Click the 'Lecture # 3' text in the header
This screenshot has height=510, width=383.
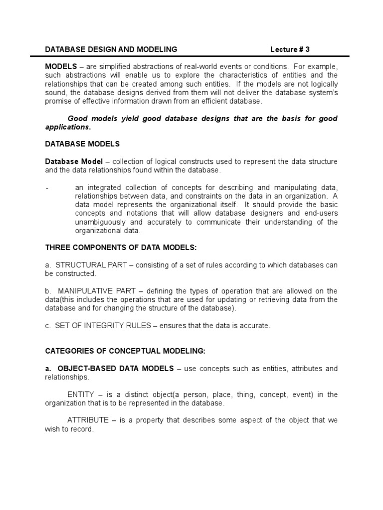tap(293, 49)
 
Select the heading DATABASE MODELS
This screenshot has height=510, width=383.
tap(82, 144)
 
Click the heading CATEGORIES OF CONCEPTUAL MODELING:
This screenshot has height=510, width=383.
tap(125, 351)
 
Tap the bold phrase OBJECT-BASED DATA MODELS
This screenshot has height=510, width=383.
tap(116, 369)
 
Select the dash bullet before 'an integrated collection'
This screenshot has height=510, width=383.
tap(46, 188)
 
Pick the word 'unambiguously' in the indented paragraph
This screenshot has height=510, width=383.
tap(98, 222)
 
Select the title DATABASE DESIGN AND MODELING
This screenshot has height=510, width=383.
tap(111, 49)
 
